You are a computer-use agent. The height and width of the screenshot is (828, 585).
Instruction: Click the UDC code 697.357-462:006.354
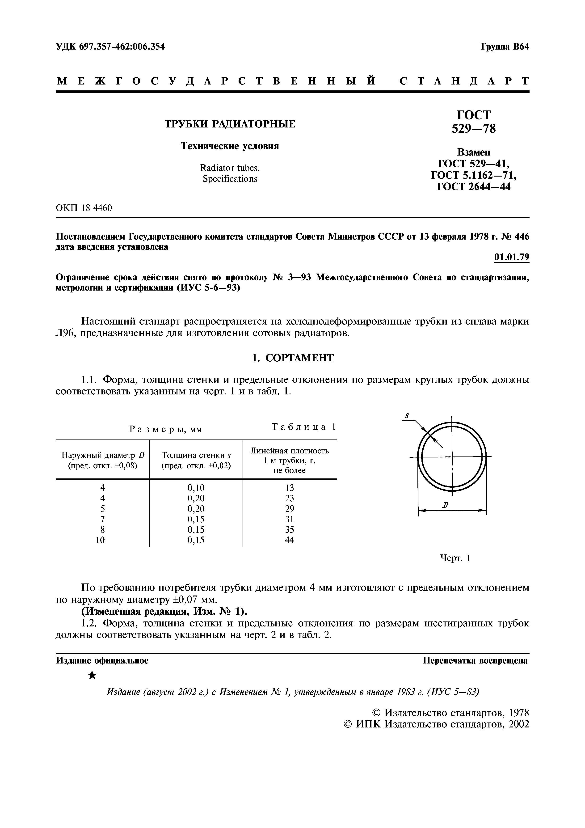(x=110, y=46)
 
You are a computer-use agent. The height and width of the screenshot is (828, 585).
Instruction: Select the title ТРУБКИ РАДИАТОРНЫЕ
(x=230, y=124)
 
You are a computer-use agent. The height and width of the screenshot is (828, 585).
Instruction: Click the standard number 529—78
(x=474, y=128)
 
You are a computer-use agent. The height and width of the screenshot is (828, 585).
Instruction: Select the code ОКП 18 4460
(x=84, y=208)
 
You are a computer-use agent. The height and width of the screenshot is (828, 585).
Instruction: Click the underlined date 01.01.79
(x=511, y=257)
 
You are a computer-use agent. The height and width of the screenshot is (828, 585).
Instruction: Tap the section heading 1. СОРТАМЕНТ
(x=292, y=358)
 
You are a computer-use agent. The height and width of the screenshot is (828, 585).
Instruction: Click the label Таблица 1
(x=303, y=427)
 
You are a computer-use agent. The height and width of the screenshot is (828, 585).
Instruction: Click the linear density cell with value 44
(x=290, y=540)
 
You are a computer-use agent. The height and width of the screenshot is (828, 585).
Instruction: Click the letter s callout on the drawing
(x=407, y=416)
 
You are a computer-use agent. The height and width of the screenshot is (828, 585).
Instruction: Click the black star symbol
(x=92, y=675)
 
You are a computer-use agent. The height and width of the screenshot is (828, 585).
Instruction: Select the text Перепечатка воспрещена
(x=475, y=661)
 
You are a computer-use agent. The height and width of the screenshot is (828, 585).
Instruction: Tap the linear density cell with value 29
(x=290, y=509)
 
